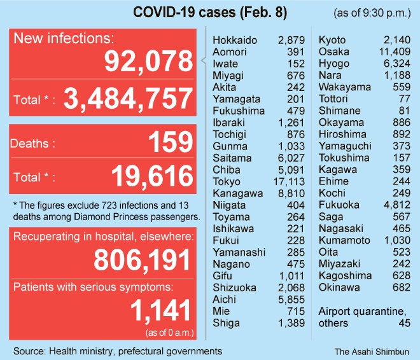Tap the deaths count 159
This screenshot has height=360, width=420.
[169, 142]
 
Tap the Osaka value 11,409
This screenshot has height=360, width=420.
[395, 52]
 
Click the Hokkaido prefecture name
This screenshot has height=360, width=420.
[235, 41]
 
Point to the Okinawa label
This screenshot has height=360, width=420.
[339, 287]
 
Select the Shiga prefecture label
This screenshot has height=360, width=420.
[227, 323]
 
